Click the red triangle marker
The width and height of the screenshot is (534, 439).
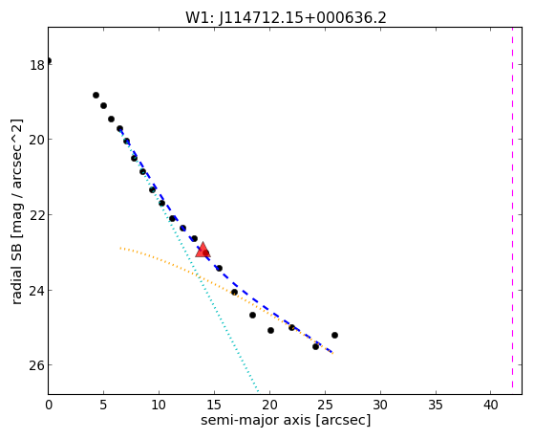(x=203, y=250)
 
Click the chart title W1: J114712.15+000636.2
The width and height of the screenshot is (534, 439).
(x=286, y=18)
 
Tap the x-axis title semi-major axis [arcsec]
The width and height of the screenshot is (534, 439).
(x=286, y=420)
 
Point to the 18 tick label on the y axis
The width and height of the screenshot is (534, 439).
(x=37, y=65)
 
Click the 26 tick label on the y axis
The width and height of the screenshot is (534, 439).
(x=37, y=365)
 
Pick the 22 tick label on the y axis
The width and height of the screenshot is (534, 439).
(x=37, y=215)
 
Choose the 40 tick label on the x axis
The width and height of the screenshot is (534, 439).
(x=490, y=406)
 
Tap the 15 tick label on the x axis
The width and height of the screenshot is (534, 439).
(x=214, y=406)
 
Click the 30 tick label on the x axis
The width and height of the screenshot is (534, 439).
(x=380, y=406)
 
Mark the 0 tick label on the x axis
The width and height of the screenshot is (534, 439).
(x=49, y=406)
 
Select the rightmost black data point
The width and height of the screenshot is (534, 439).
(x=334, y=336)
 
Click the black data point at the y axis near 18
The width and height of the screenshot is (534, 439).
(x=49, y=61)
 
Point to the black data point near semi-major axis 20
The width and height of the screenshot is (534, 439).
(x=270, y=331)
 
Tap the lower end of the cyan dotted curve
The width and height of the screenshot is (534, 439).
(x=258, y=391)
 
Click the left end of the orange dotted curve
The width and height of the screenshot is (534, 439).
(x=120, y=248)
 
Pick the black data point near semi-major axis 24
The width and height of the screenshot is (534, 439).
(x=315, y=347)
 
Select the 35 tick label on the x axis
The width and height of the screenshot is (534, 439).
(x=436, y=406)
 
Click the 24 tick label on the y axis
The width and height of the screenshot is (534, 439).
(x=37, y=291)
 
